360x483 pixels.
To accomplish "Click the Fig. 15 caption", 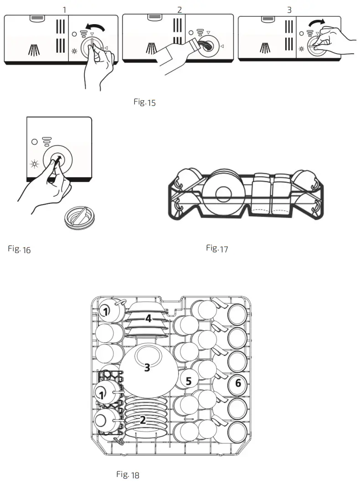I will tap(144, 102).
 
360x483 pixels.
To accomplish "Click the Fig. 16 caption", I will tap(19, 249).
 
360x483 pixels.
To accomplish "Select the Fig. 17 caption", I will tap(217, 249).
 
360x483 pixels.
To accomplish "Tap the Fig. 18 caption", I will tap(128, 475).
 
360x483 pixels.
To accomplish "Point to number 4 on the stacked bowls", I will tap(148, 319).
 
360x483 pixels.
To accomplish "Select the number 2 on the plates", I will tap(143, 420).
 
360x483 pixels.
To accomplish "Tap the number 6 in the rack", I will tap(237, 384).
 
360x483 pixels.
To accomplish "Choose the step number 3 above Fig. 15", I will tap(289, 10).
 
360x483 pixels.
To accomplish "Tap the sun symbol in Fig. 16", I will tap(34, 164).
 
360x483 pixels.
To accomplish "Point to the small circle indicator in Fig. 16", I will tap(34, 142).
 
